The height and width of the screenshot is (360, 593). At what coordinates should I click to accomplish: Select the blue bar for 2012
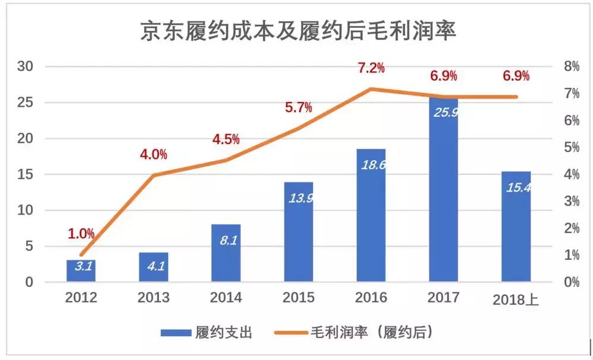pos(81,270)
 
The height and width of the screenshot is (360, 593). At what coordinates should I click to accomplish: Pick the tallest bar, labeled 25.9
pos(444,190)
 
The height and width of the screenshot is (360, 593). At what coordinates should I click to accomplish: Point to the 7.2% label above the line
pos(371,68)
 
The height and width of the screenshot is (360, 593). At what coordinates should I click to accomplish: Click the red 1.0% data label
pos(81,234)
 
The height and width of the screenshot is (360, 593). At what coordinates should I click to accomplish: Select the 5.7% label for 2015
pos(298,108)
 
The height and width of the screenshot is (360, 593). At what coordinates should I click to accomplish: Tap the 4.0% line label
pos(154,155)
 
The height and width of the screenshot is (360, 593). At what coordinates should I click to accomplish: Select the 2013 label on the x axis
pos(153,298)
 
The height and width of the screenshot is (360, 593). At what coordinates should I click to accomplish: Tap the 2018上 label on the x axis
pos(516,300)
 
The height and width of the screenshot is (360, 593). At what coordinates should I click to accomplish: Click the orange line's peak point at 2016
pos(371,89)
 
